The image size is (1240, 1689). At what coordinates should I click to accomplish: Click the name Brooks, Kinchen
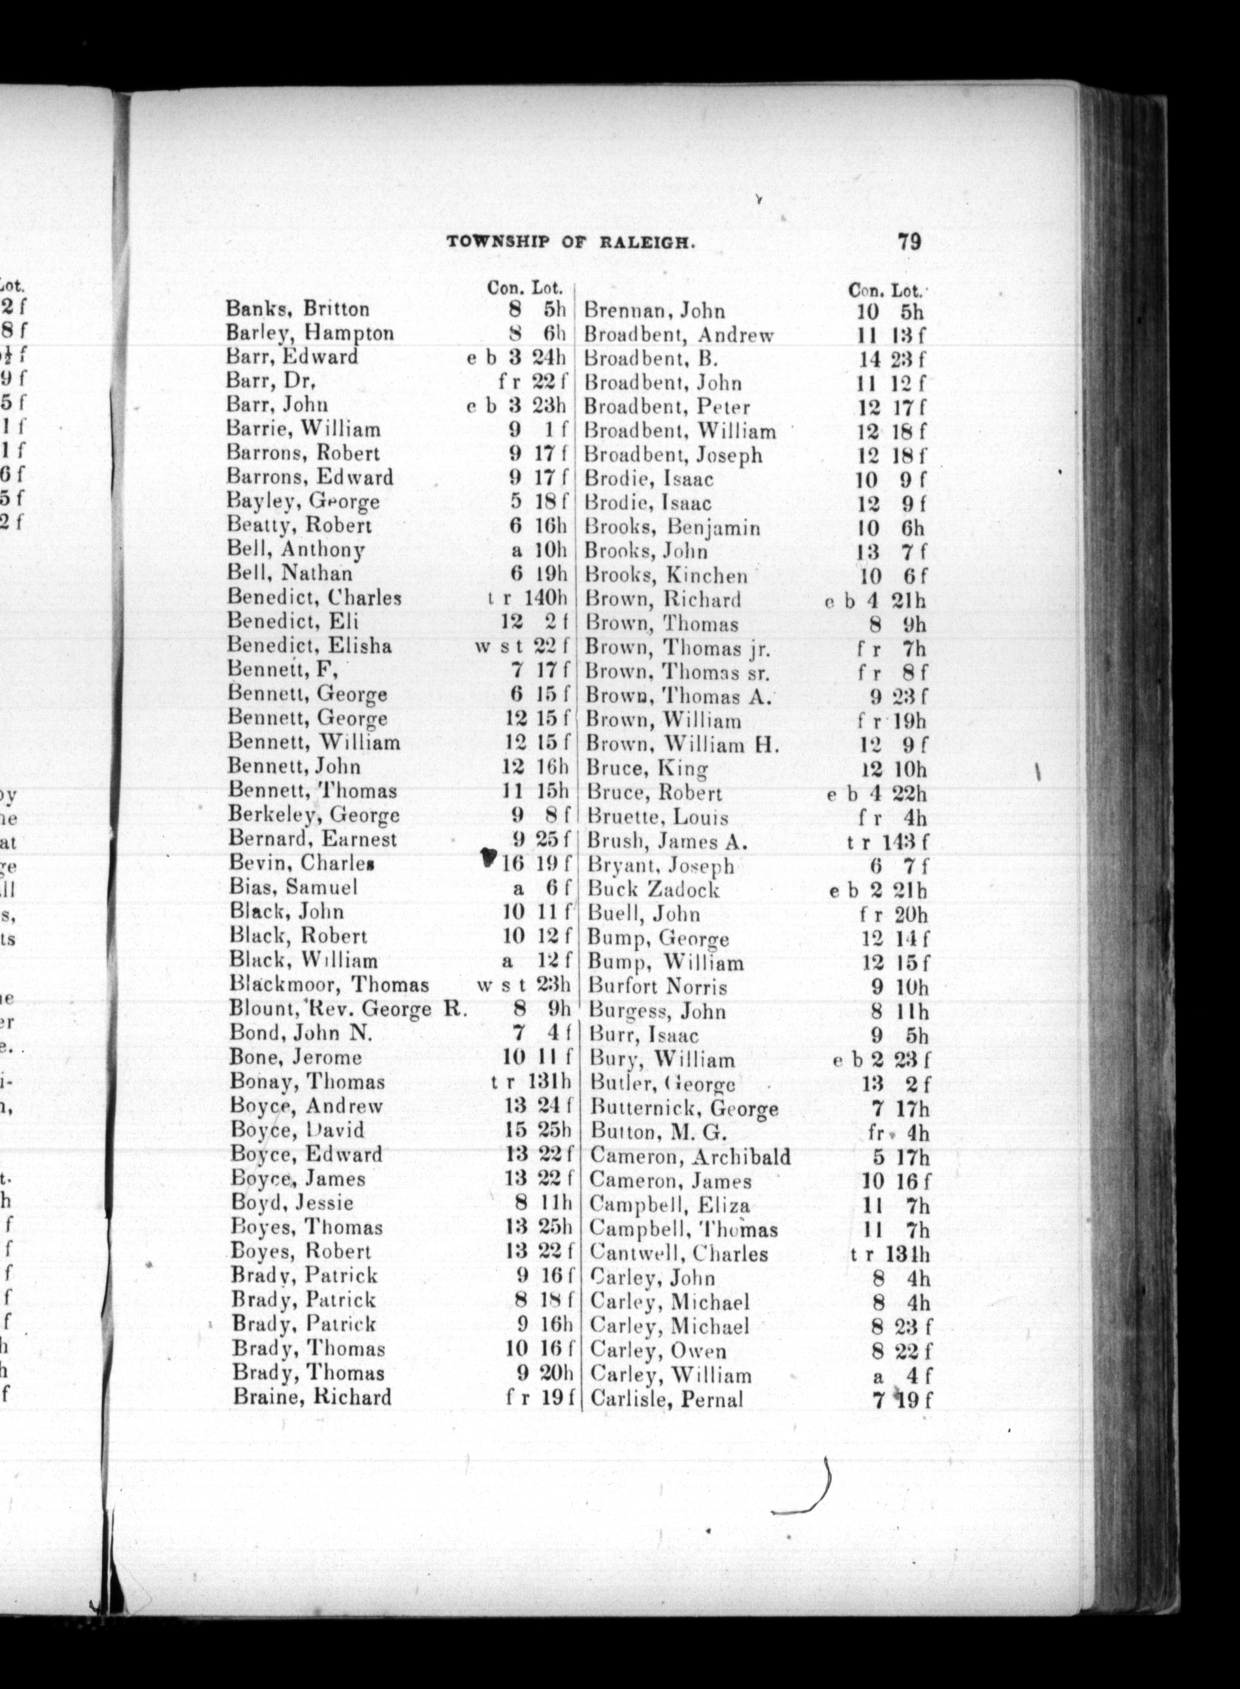click(x=666, y=576)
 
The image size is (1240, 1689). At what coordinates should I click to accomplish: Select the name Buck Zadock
click(x=653, y=890)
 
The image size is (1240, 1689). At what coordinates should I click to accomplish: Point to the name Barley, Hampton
click(x=309, y=333)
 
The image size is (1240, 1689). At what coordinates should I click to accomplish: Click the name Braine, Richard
click(x=311, y=1397)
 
